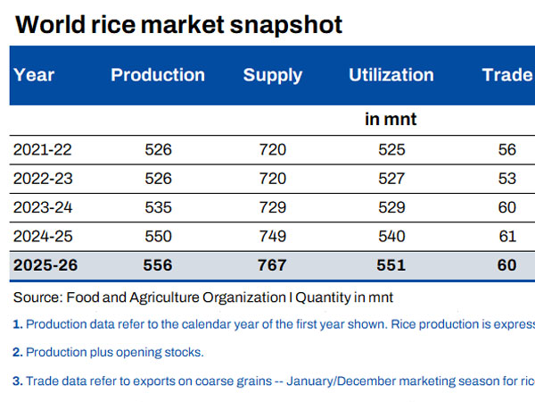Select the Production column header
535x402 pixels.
(x=158, y=75)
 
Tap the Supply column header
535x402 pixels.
(x=273, y=75)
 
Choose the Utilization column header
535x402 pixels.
(x=391, y=75)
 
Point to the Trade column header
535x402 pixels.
(x=506, y=75)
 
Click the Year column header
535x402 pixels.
(x=34, y=75)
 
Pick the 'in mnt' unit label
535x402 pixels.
(x=391, y=119)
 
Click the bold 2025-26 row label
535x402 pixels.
(x=47, y=265)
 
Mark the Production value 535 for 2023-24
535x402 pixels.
(x=158, y=207)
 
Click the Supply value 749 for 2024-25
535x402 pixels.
(x=273, y=236)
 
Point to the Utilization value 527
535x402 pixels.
(x=391, y=178)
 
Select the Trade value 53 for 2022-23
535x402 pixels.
(x=507, y=178)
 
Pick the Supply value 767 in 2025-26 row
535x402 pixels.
(x=273, y=265)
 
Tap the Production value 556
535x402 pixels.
(x=158, y=265)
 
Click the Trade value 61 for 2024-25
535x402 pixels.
(x=507, y=236)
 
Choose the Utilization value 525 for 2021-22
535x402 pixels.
(x=391, y=149)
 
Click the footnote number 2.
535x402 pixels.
(x=18, y=352)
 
